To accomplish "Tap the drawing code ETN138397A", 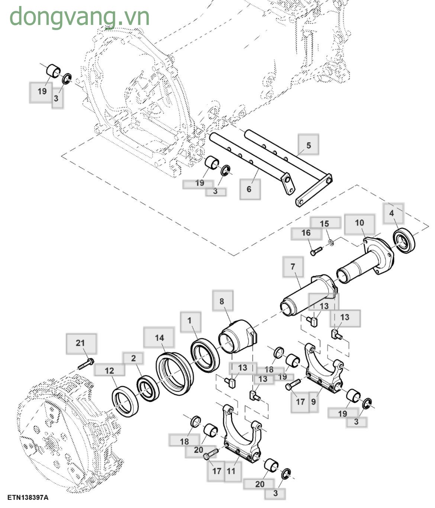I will coord(28,497).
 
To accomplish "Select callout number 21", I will coord(81,343).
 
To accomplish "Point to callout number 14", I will coord(159,338).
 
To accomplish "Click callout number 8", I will coord(222,301).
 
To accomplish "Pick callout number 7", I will coord(293,266).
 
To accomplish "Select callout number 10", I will coord(359,223).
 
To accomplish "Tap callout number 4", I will coord(391,213).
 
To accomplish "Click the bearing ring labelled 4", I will coord(404,242).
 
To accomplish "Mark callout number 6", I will coord(249,189).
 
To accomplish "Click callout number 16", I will coord(306,233).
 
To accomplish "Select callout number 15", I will coord(325,224).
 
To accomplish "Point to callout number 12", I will coord(109,370).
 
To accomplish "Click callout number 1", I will coord(190,321).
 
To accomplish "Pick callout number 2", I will coord(133,358).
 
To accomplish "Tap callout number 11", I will coord(231,471).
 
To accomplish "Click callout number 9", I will coord(313,402).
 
